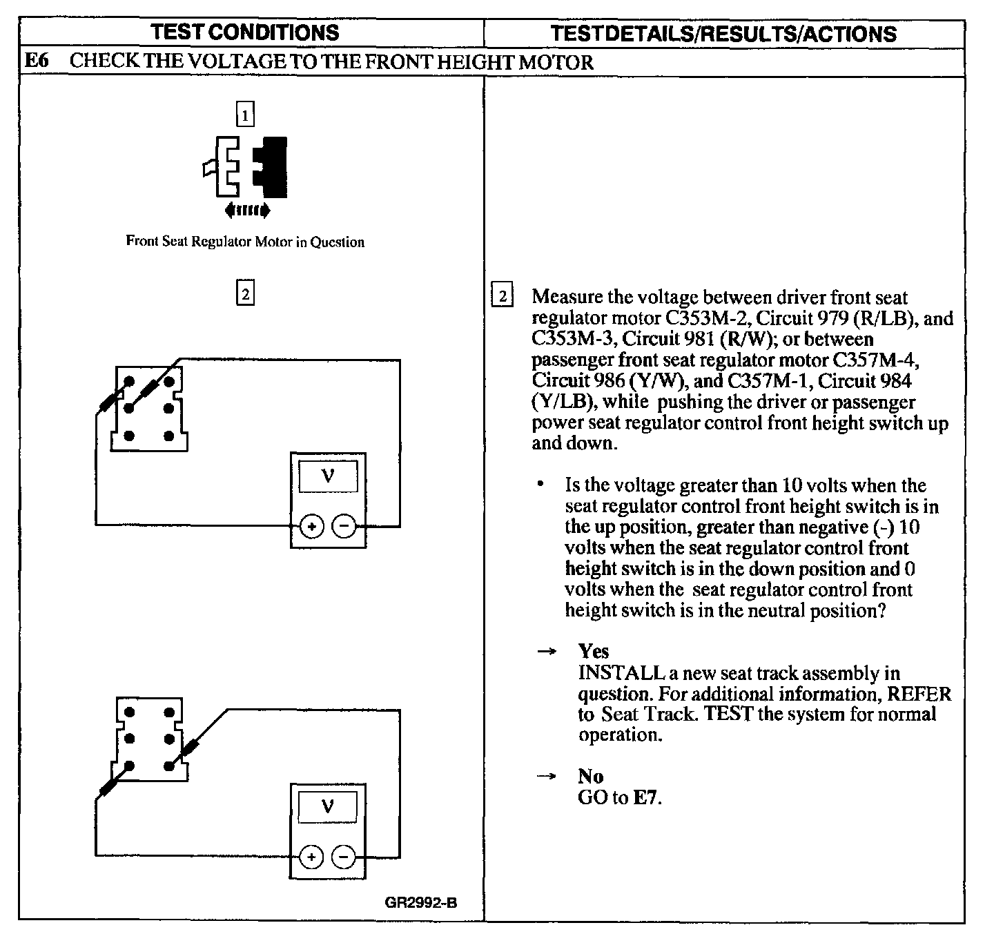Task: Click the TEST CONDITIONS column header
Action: (245, 32)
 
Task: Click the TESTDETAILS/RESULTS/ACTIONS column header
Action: (724, 33)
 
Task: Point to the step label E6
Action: (36, 61)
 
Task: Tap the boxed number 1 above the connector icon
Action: (245, 114)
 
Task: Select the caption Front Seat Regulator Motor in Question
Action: (245, 242)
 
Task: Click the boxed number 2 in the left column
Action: (245, 294)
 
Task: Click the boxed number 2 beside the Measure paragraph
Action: (502, 297)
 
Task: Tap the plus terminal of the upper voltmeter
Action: (312, 527)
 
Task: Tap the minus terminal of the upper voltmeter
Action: (344, 527)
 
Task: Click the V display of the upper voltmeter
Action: (329, 476)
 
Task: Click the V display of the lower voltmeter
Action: (329, 807)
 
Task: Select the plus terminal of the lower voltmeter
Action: (312, 857)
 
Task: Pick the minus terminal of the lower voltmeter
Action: (344, 857)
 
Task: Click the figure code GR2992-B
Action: (421, 902)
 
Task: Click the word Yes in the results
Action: (594, 652)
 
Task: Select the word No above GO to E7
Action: (591, 777)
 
